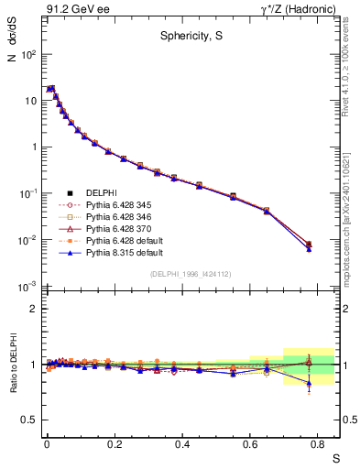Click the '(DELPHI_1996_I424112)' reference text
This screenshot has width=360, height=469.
click(x=190, y=274)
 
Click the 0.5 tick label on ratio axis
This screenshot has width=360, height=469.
click(x=30, y=420)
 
